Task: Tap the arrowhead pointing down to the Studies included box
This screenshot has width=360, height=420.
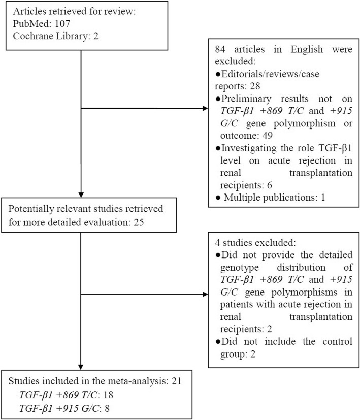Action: click(x=81, y=376)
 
